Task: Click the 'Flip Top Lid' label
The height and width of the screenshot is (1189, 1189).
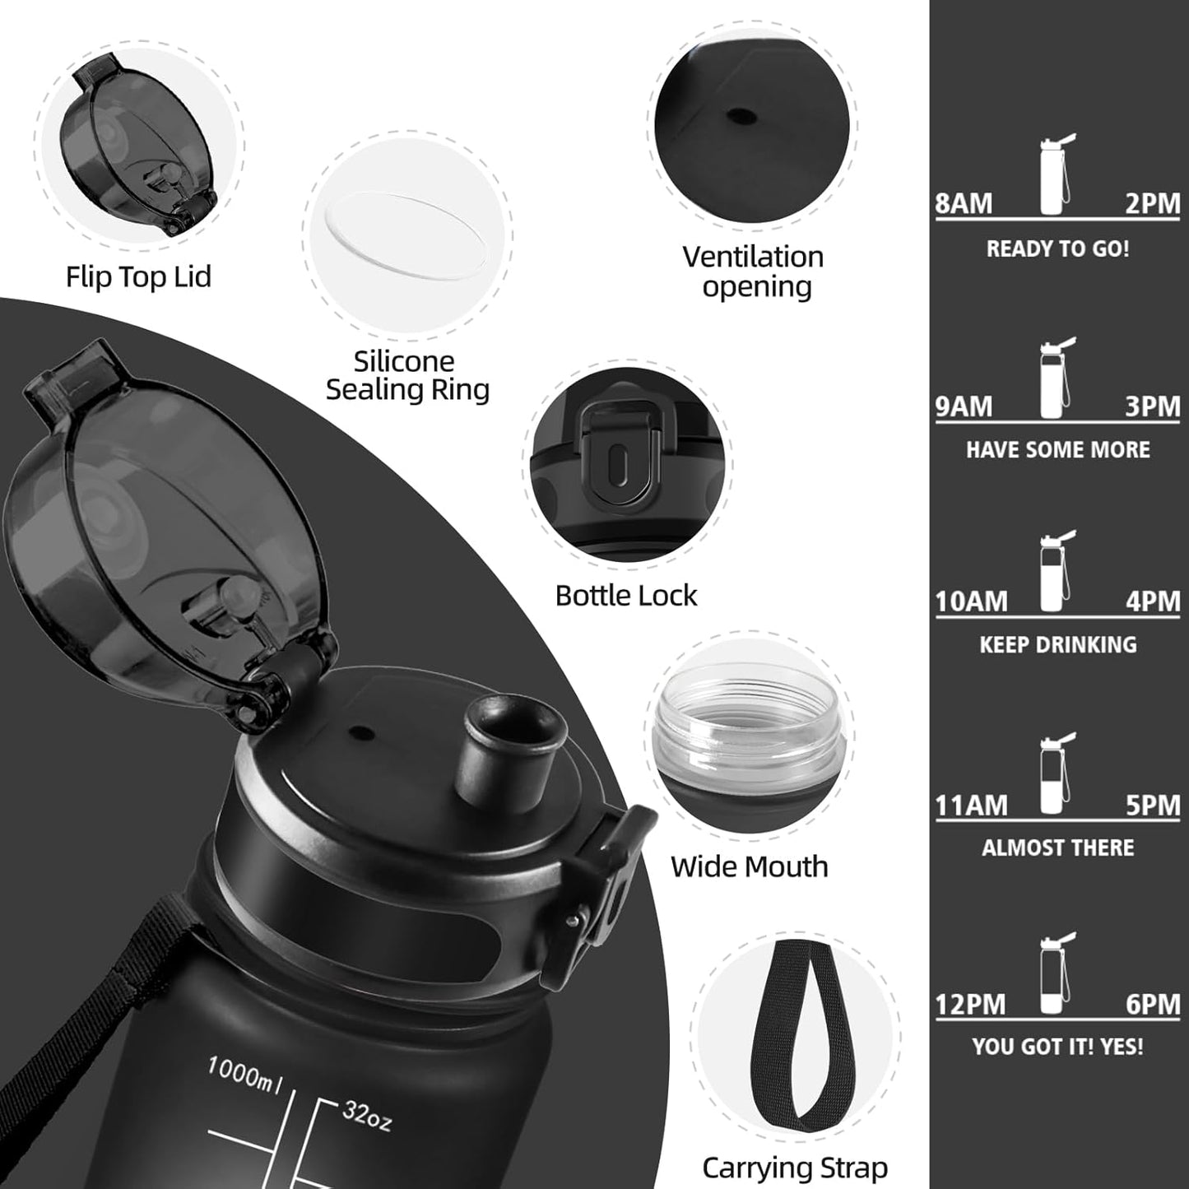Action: pos(138,277)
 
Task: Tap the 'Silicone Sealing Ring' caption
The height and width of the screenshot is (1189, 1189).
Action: pos(407,375)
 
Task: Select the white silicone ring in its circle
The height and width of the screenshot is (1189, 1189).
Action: pos(406,238)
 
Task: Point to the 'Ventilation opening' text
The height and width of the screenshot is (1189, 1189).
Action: pos(753,272)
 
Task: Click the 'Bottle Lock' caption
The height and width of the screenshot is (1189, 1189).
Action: pos(626,595)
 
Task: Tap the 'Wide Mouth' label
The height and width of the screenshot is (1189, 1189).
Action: pos(749,866)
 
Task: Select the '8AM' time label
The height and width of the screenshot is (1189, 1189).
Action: pos(964,203)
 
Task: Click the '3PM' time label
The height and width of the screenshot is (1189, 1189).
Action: pos(1152,406)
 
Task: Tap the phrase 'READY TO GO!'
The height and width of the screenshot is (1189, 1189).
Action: pos(1057,248)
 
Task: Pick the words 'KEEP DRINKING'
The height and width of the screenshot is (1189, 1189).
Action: pos(1057,644)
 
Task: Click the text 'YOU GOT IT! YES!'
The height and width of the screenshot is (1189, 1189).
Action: pos(1057,1047)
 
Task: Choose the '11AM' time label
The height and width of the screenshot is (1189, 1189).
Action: pos(971,805)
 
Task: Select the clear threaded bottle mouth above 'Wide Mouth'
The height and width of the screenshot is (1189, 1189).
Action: pos(749,724)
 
